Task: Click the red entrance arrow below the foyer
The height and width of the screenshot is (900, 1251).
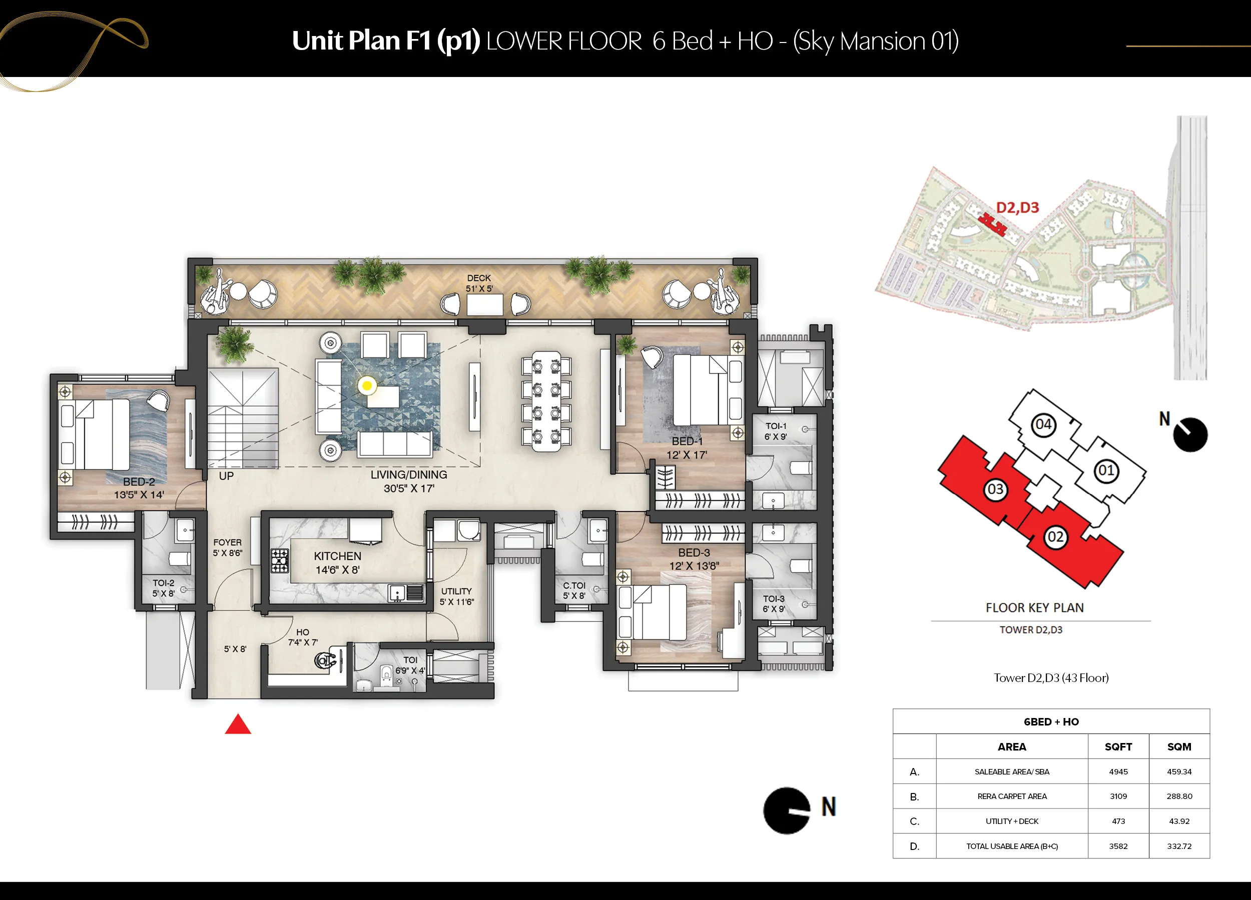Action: [238, 724]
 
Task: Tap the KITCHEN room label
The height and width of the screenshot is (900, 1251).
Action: [338, 556]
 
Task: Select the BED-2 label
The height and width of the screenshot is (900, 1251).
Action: [139, 481]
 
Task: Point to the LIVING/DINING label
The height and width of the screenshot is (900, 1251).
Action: [409, 474]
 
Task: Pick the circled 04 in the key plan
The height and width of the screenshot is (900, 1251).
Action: [1043, 424]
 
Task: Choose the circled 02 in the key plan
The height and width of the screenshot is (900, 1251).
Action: [1055, 537]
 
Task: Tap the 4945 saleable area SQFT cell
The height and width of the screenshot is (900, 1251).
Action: [1118, 771]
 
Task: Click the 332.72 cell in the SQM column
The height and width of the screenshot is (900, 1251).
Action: [1179, 846]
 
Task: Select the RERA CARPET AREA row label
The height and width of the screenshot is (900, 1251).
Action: [1012, 796]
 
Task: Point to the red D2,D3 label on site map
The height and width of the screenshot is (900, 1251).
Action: [1017, 207]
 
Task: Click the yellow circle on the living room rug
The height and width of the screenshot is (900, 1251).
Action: [367, 386]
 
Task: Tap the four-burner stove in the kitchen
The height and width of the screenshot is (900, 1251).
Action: [280, 561]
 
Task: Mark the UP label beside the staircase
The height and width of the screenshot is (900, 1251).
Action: [226, 476]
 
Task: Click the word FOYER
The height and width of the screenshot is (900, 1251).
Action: [227, 542]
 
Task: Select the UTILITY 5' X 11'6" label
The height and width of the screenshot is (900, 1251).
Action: [456, 596]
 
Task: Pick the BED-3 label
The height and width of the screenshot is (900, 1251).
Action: [694, 552]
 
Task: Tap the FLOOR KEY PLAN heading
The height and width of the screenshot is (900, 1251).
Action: [1035, 607]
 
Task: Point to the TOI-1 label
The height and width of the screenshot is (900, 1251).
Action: [776, 426]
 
